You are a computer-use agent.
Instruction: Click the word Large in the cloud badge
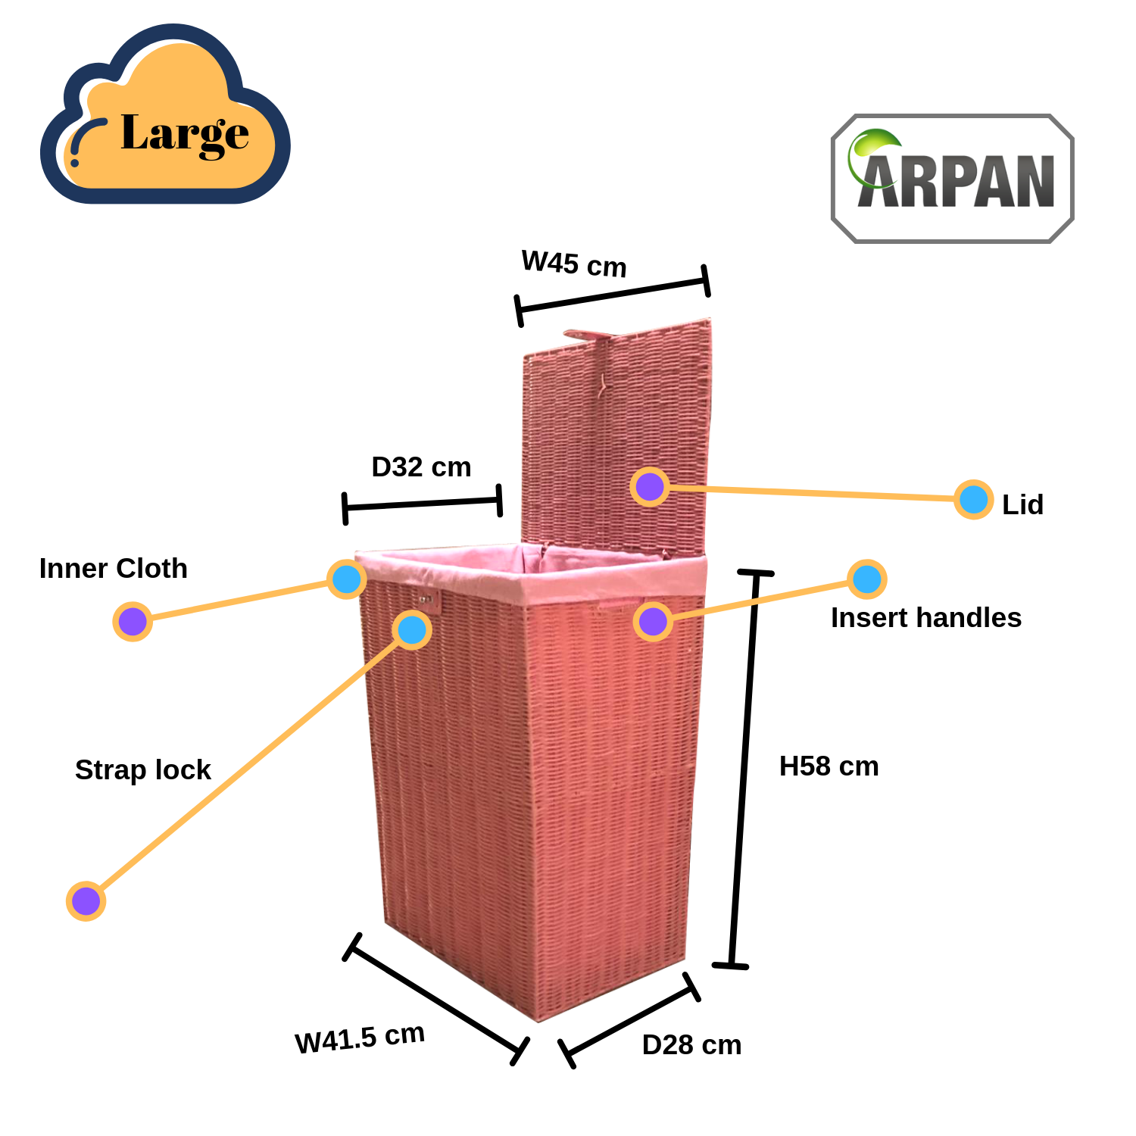click(x=185, y=134)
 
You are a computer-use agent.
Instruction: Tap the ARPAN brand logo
click(x=953, y=179)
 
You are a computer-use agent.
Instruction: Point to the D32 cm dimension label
click(x=421, y=467)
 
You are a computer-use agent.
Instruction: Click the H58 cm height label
click(x=829, y=766)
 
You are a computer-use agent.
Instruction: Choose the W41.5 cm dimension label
click(x=360, y=1038)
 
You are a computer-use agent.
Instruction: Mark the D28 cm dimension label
click(x=691, y=1045)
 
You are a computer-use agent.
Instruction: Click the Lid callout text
click(x=1022, y=505)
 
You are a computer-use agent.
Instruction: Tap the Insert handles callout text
click(x=925, y=618)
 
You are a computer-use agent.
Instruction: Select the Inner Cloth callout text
click(x=114, y=569)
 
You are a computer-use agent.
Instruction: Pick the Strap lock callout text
click(x=143, y=770)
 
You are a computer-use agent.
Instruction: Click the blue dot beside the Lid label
click(x=973, y=500)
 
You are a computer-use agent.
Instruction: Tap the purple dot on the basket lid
click(x=649, y=486)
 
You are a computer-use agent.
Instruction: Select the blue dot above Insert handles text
click(x=866, y=579)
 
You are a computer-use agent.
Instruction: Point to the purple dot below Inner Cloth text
click(x=133, y=622)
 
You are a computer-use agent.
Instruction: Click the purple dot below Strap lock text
click(x=86, y=901)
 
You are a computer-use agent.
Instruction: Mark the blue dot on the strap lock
click(x=412, y=629)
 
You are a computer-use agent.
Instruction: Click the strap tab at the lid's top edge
click(x=587, y=335)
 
